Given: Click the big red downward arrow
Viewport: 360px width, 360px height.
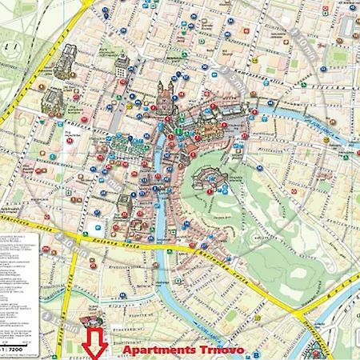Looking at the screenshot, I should point(96,340).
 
